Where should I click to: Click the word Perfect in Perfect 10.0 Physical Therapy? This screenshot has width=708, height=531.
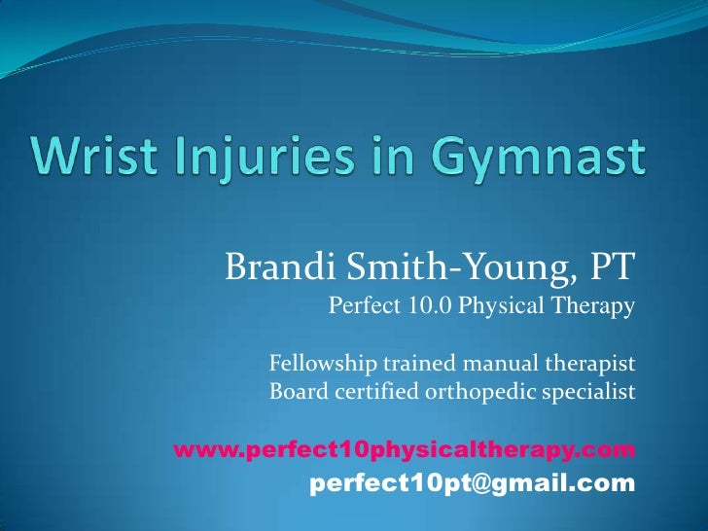(x=363, y=308)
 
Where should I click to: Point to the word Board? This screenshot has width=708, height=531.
(x=294, y=393)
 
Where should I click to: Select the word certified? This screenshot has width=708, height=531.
(x=369, y=393)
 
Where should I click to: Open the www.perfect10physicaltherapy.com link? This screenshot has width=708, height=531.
(x=405, y=451)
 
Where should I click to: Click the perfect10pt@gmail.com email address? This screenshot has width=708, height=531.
(x=472, y=483)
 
